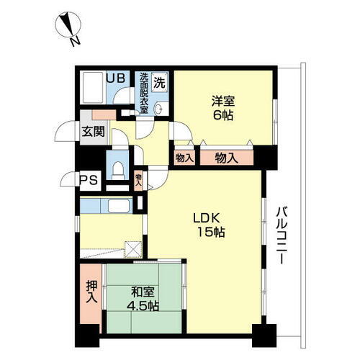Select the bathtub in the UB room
[91, 90]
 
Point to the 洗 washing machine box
[163, 81]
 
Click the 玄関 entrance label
[91, 131]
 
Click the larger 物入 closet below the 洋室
[227, 156]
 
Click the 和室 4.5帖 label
[142, 299]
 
